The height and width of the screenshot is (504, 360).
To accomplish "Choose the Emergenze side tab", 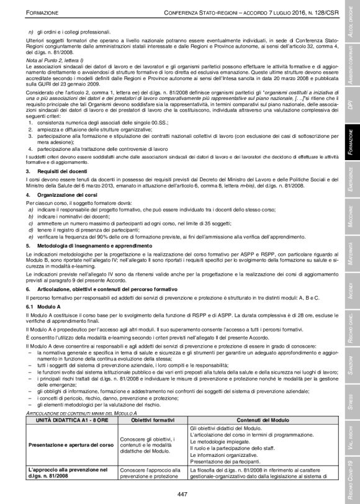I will pyautogui.click(x=351, y=173).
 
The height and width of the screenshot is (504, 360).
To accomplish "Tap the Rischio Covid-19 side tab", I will pyautogui.click(x=351, y=478).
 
